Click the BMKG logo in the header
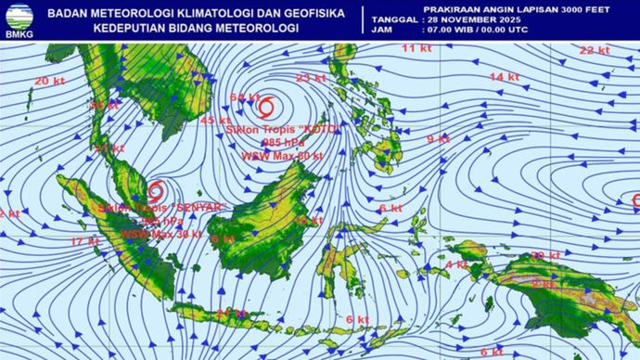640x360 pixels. point(19,19)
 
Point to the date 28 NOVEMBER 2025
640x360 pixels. point(486,19)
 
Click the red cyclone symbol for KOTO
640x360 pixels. point(265,105)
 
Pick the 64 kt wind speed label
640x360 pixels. point(245,97)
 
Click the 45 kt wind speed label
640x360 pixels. point(215,121)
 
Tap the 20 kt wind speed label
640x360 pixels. point(49,82)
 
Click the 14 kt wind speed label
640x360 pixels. point(504,76)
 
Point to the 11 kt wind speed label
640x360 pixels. point(416,47)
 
